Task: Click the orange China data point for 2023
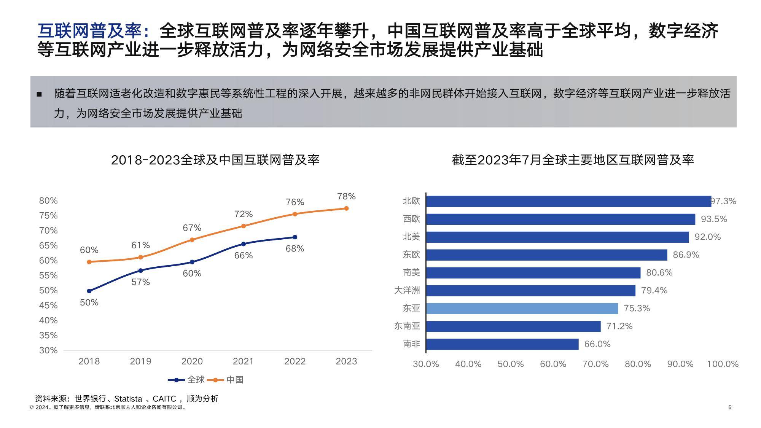[x=346, y=208]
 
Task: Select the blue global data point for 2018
[x=89, y=291]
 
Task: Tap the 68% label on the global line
[x=295, y=249]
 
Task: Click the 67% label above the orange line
[x=192, y=228]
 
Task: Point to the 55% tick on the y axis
[x=48, y=275]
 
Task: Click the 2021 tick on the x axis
[x=243, y=361]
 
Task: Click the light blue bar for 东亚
[x=522, y=309]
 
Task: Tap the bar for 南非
[x=502, y=344]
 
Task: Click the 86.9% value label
[x=686, y=255]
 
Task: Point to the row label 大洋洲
[x=407, y=291]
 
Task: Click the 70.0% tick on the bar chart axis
[x=595, y=364]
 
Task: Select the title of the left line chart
[x=215, y=160]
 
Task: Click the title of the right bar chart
[x=573, y=160]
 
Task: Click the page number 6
[x=729, y=407]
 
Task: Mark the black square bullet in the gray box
[x=39, y=94]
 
